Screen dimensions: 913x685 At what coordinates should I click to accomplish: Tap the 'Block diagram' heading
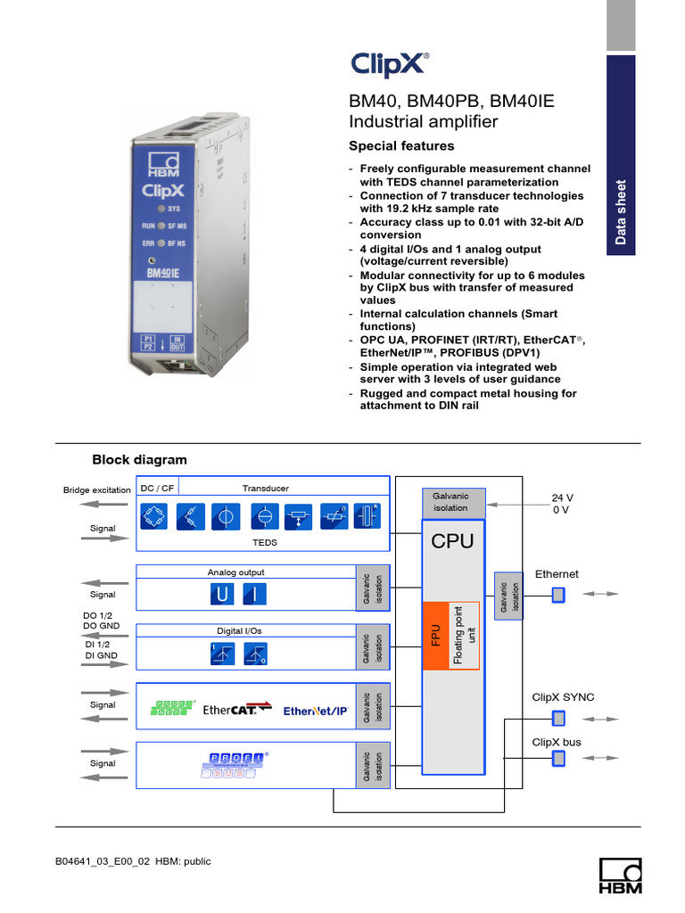(140, 460)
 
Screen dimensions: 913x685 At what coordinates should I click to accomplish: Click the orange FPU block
(433, 634)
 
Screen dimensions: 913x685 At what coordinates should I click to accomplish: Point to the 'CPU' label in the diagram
(453, 541)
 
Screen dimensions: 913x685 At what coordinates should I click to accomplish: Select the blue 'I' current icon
(253, 595)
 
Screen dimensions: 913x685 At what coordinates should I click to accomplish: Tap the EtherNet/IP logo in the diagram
(316, 711)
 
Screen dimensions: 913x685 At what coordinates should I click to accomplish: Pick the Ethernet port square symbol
(558, 594)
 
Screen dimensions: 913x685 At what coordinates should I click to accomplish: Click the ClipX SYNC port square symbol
(558, 718)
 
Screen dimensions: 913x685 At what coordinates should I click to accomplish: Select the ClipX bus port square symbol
(558, 759)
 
